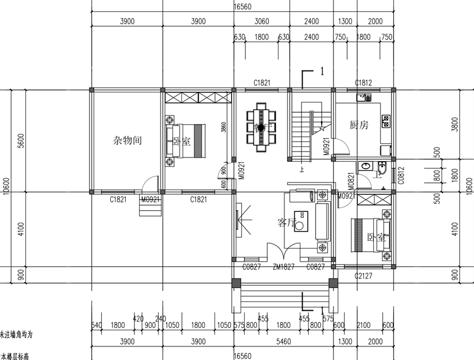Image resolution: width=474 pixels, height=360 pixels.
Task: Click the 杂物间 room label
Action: (x=126, y=141)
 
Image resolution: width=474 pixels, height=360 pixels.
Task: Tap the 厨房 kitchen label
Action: (x=359, y=125)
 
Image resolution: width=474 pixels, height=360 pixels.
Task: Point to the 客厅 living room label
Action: (x=286, y=223)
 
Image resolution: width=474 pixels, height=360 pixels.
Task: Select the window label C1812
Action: (x=363, y=83)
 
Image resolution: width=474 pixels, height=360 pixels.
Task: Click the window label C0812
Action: (x=401, y=174)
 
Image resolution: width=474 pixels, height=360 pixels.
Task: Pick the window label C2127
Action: (x=363, y=276)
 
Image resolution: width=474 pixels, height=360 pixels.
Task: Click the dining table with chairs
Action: (x=261, y=127)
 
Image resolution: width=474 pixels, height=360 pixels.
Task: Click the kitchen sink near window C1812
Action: (x=361, y=96)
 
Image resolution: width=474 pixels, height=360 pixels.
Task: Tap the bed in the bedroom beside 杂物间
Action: (x=185, y=141)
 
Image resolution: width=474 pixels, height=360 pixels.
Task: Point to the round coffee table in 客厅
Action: (x=301, y=226)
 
